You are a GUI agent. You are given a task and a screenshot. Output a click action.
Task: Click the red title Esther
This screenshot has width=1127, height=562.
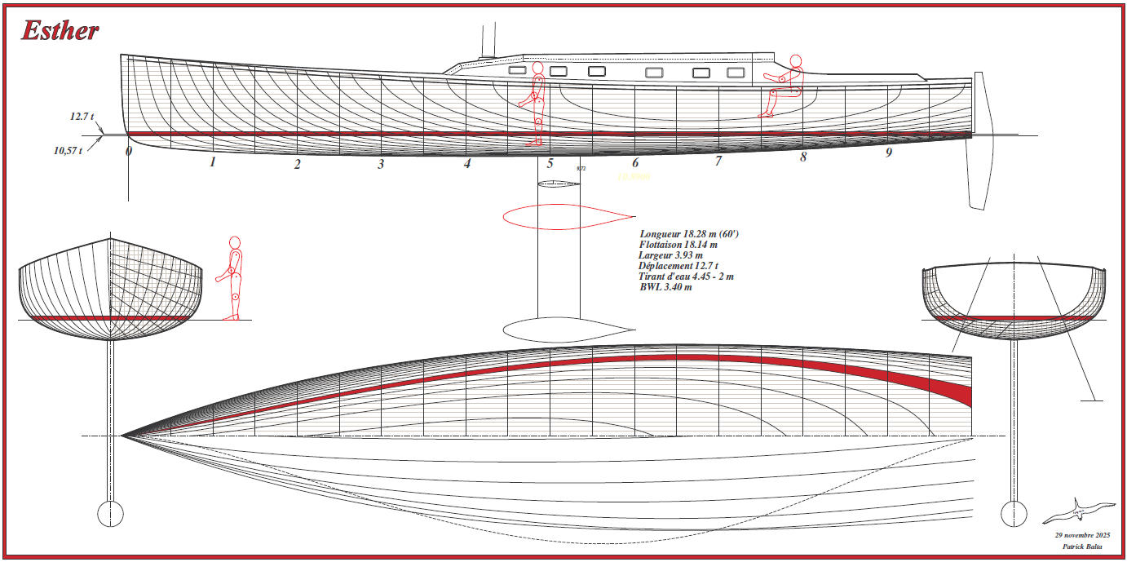click(60, 31)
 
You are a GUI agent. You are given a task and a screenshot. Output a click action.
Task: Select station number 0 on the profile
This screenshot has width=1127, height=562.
click(129, 151)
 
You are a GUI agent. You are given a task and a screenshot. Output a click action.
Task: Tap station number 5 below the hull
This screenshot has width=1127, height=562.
click(550, 163)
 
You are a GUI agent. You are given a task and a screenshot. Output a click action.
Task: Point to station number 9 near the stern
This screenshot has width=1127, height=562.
click(889, 153)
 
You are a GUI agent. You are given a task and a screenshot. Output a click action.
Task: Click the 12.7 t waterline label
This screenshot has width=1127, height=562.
click(82, 117)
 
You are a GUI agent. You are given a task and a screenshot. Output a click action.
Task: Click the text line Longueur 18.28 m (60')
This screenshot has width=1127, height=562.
click(689, 234)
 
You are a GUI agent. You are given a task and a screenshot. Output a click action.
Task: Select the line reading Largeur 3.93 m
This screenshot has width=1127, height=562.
click(670, 255)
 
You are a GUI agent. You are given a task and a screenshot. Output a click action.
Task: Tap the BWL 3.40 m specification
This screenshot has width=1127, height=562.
click(665, 287)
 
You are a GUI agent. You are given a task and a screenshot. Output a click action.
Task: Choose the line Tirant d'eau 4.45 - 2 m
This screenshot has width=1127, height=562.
click(686, 277)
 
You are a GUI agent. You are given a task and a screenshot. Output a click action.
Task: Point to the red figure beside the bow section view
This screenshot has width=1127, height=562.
click(232, 278)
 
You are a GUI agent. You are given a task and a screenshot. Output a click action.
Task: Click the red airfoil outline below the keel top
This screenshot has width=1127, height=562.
click(569, 216)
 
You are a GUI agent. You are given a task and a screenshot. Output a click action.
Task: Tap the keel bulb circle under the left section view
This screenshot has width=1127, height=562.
click(109, 513)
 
